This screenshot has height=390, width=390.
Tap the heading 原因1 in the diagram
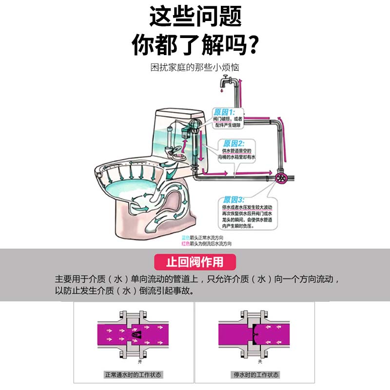[x=224, y=112]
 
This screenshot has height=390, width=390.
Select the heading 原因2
[x=234, y=143]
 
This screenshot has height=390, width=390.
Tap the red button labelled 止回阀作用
[x=195, y=262]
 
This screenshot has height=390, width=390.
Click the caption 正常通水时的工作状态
[x=133, y=375]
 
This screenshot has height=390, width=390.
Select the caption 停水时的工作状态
[x=255, y=375]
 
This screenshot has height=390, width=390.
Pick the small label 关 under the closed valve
[x=259, y=361]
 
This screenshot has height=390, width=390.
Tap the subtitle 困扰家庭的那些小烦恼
[x=195, y=67]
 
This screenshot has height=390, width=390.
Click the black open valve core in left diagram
[x=136, y=334]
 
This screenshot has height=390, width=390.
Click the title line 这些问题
[x=195, y=17]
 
